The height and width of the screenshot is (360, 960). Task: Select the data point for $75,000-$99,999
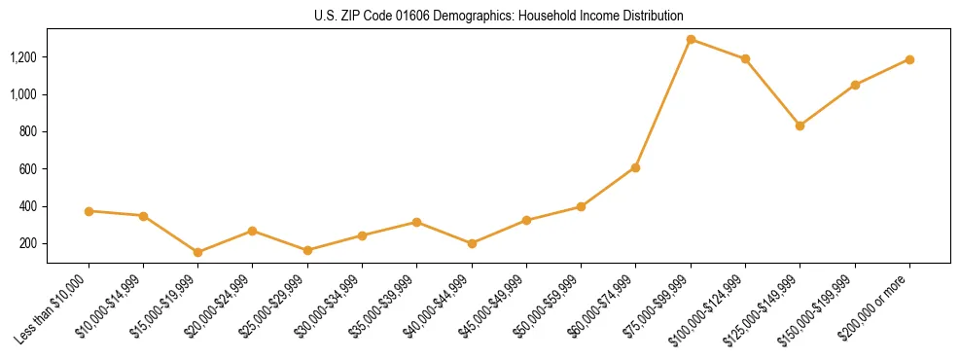pyautogui.click(x=691, y=40)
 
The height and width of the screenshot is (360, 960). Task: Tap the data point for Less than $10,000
pyautogui.click(x=89, y=211)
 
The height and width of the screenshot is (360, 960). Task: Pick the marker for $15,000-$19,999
pyautogui.click(x=198, y=252)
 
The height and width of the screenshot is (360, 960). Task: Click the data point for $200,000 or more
pyautogui.click(x=909, y=59)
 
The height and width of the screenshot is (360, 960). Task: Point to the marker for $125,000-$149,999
pyautogui.click(x=800, y=126)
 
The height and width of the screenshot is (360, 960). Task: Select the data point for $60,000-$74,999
pyautogui.click(x=635, y=167)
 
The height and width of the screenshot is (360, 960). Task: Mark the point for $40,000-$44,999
pyautogui.click(x=472, y=243)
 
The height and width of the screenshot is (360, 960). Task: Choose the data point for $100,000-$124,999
pyautogui.click(x=745, y=58)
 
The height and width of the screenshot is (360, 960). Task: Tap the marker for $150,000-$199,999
pyautogui.click(x=855, y=85)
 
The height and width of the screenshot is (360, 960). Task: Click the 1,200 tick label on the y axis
pyautogui.click(x=23, y=57)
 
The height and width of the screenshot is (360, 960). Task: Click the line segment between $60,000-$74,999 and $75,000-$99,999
pyautogui.click(x=663, y=103)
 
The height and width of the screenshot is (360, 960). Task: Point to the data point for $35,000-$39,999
pyautogui.click(x=416, y=222)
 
